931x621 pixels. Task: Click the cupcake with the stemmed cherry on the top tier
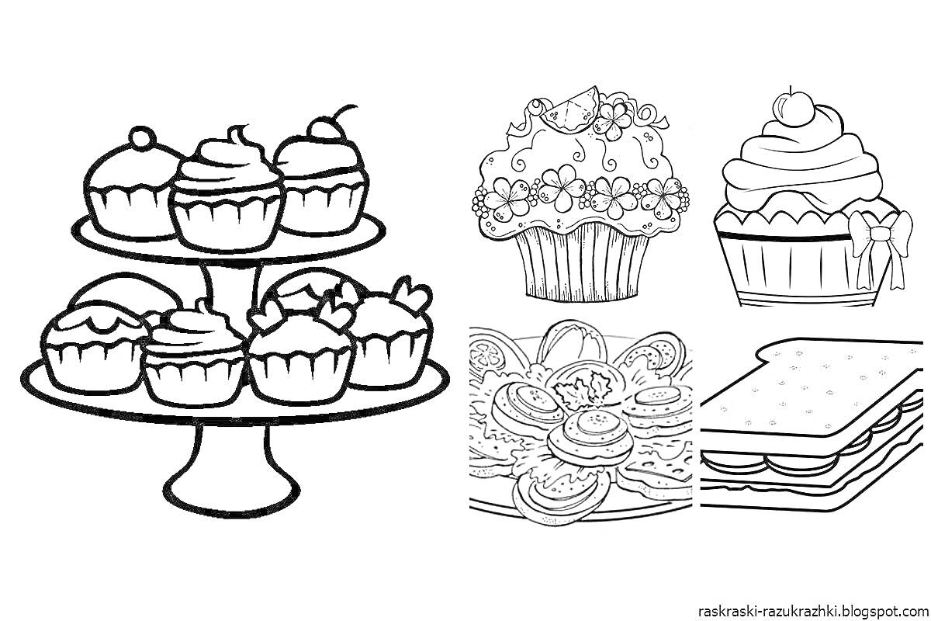pyautogui.click(x=323, y=179)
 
